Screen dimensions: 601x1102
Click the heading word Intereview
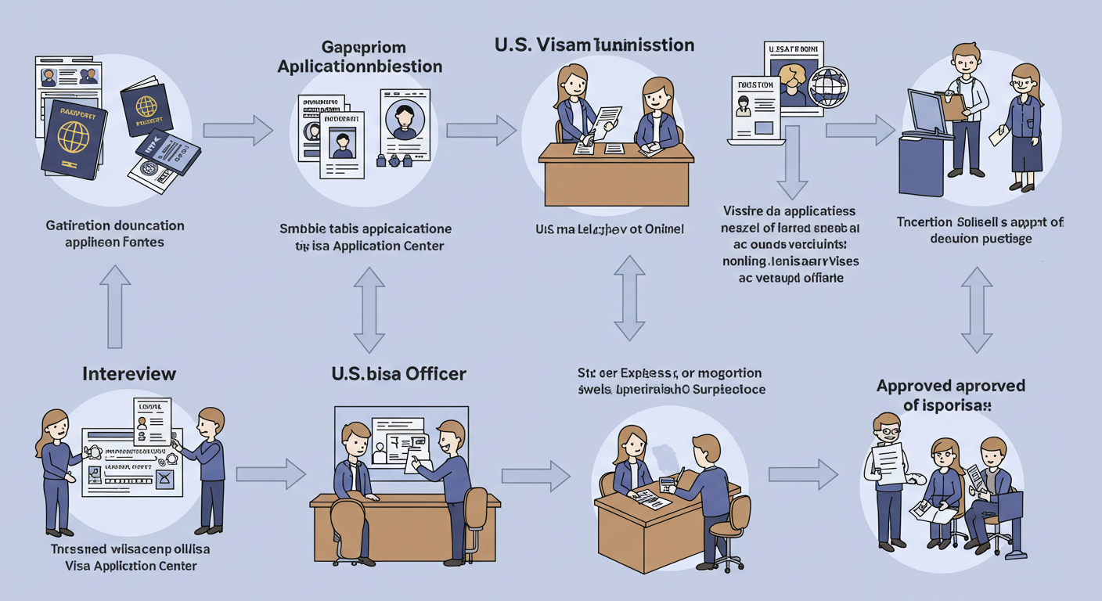tap(129, 373)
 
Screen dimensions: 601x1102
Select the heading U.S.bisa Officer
tap(399, 373)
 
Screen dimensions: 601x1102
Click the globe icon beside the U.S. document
tap(828, 87)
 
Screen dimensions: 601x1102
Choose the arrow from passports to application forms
tap(238, 130)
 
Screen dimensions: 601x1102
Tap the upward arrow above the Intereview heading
tap(115, 305)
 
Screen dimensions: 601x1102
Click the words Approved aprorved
tap(950, 386)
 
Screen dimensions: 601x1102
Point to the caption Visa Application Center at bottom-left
tap(130, 566)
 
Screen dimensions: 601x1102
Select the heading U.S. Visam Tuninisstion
tap(594, 45)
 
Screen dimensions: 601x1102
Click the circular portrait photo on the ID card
tap(405, 120)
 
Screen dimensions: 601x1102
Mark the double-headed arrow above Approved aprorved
tap(976, 310)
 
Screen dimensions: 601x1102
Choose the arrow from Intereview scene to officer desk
tap(270, 473)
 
